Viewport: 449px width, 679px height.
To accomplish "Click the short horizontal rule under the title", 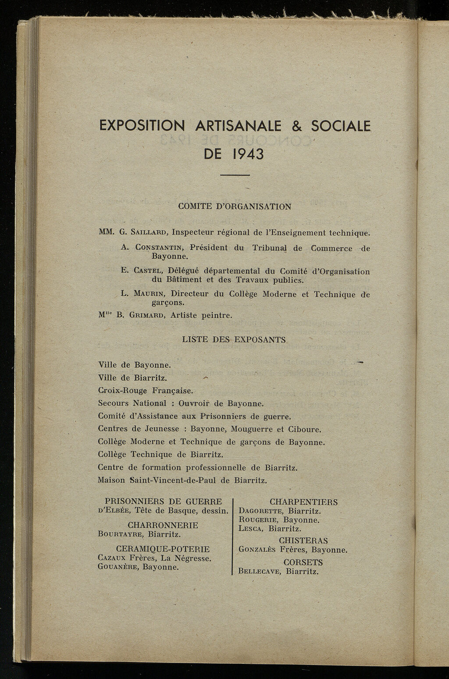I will (x=235, y=175).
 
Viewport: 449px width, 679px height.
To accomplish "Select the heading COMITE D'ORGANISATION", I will (x=235, y=206).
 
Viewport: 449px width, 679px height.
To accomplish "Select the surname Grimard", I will (x=147, y=315).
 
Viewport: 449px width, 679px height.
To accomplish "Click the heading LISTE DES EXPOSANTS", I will (x=234, y=340).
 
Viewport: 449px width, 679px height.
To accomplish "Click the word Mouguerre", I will (x=252, y=429).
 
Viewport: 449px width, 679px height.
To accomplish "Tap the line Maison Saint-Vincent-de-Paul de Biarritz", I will (x=182, y=480).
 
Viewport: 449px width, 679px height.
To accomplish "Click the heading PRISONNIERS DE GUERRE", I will (x=163, y=501).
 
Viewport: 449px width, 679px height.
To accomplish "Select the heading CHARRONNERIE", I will (x=163, y=525).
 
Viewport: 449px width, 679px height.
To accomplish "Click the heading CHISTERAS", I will (x=303, y=541).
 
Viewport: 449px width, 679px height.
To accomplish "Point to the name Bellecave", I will (x=260, y=572).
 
